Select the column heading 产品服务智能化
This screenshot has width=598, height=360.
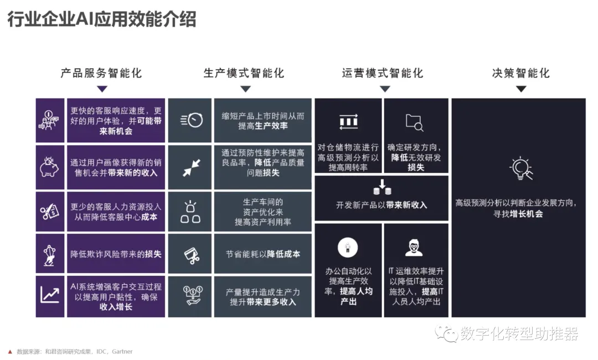pyautogui.click(x=101, y=73)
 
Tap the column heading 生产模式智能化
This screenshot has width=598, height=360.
pyautogui.click(x=244, y=73)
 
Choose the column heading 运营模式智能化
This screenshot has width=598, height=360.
pyautogui.click(x=382, y=73)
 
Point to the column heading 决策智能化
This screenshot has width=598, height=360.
pyautogui.click(x=520, y=73)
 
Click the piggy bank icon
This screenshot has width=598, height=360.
pyautogui.click(x=49, y=167)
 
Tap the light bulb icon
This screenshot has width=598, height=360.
pyautogui.click(x=520, y=168)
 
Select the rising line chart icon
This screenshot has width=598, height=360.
pyautogui.click(x=49, y=295)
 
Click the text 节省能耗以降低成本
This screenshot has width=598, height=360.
pyautogui.click(x=263, y=254)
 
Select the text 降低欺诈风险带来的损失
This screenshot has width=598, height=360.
pyautogui.click(x=116, y=254)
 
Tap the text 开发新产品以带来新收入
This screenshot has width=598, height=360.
pyautogui.click(x=382, y=205)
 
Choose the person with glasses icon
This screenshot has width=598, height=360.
pyautogui.click(x=414, y=247)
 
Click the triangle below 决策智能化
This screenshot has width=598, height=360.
pyautogui.click(x=520, y=89)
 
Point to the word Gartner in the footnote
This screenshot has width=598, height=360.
pyautogui.click(x=122, y=352)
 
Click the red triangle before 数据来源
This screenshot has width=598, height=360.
pyautogui.click(x=9, y=352)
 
